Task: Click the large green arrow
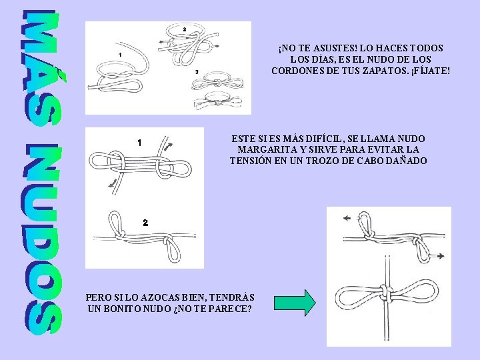point(295,303)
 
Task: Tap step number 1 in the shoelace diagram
point(120,55)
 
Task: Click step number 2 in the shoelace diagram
point(184,30)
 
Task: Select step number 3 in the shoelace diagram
point(197,72)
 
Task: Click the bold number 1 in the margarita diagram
point(139,143)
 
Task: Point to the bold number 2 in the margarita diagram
point(145,223)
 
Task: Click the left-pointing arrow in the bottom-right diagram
point(347,218)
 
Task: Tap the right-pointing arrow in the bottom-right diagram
point(439,256)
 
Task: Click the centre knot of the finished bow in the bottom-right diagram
point(386,293)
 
